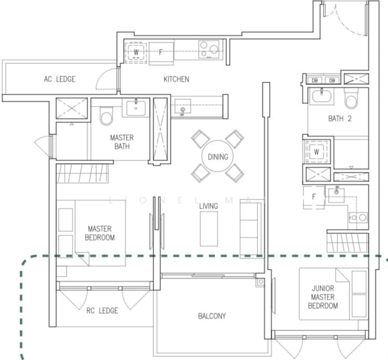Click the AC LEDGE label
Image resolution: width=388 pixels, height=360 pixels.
click(x=59, y=79)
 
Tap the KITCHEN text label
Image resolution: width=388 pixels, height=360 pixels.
click(x=177, y=79)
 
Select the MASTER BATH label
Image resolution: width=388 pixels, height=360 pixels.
click(x=122, y=142)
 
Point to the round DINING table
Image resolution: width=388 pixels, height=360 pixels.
click(x=218, y=156)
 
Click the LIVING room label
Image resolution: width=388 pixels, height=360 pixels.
click(x=208, y=206)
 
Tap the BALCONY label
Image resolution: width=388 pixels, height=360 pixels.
click(x=212, y=316)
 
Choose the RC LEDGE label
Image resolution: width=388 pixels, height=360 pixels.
click(x=102, y=311)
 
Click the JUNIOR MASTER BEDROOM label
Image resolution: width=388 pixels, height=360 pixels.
click(x=323, y=297)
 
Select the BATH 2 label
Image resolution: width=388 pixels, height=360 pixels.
click(x=340, y=119)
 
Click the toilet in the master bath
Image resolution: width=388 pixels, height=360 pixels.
click(x=106, y=116)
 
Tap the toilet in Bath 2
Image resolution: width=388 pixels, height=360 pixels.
click(x=351, y=99)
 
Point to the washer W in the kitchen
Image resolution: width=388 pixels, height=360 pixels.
click(x=136, y=52)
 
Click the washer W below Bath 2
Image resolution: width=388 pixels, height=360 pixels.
click(x=317, y=152)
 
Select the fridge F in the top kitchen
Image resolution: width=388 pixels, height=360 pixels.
click(x=161, y=53)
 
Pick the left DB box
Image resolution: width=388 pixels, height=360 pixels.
click(x=315, y=80)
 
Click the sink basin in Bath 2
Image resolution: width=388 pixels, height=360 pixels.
click(x=321, y=97)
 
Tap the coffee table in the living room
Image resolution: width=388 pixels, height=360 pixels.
click(x=209, y=229)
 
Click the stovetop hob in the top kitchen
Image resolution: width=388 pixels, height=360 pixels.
click(x=209, y=49)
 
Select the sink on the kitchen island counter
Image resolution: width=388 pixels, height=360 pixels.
click(x=183, y=106)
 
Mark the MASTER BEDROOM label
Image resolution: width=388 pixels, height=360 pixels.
click(x=100, y=233)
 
